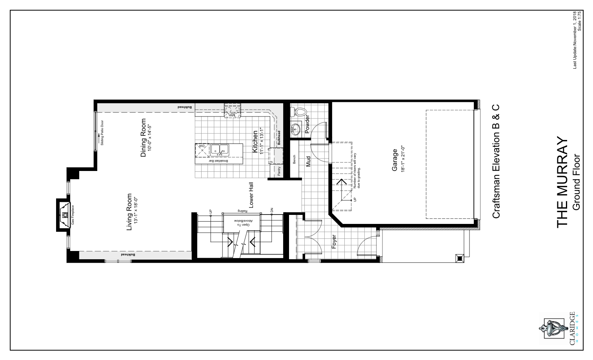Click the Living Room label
click(129, 212)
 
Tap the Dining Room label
click(143, 138)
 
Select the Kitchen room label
click(255, 142)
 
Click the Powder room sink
click(295, 129)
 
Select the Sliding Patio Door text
click(102, 133)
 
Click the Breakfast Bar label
click(218, 161)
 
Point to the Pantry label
click(279, 171)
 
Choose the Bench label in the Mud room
click(294, 160)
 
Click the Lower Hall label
click(251, 195)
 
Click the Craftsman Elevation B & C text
click(496, 161)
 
